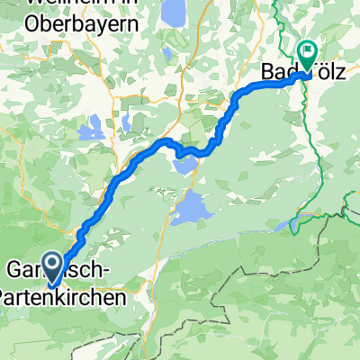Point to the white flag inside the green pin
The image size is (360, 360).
(x=307, y=51)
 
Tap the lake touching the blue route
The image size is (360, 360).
(x=186, y=163)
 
